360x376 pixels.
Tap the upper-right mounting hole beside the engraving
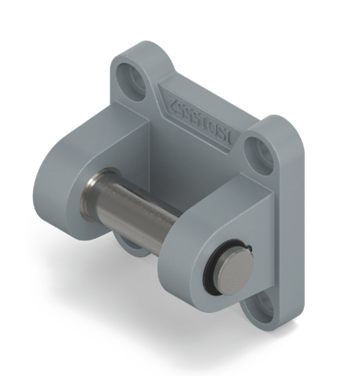(x=259, y=154)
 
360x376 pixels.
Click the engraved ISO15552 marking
(x=201, y=120)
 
